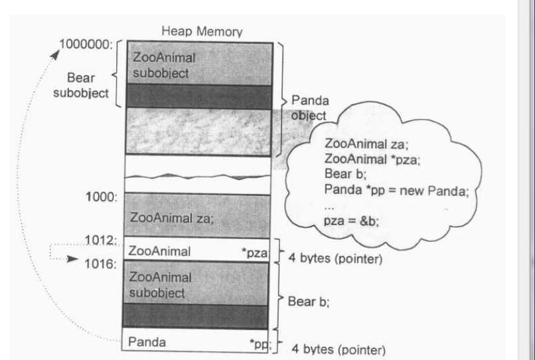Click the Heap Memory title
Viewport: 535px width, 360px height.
202,31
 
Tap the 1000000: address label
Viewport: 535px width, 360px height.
86,45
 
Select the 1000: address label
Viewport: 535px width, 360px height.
102,197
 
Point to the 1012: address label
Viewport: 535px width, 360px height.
102,240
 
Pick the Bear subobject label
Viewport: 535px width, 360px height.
80,86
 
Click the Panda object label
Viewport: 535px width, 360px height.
309,108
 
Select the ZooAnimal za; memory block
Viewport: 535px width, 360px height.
197,216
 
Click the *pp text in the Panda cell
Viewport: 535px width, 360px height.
260,343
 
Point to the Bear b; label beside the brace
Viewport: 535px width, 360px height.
309,301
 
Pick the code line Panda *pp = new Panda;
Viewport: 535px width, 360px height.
397,190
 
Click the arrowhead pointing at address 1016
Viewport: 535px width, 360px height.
74,259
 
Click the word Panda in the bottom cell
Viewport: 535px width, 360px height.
147,343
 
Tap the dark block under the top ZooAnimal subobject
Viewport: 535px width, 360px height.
197,96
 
